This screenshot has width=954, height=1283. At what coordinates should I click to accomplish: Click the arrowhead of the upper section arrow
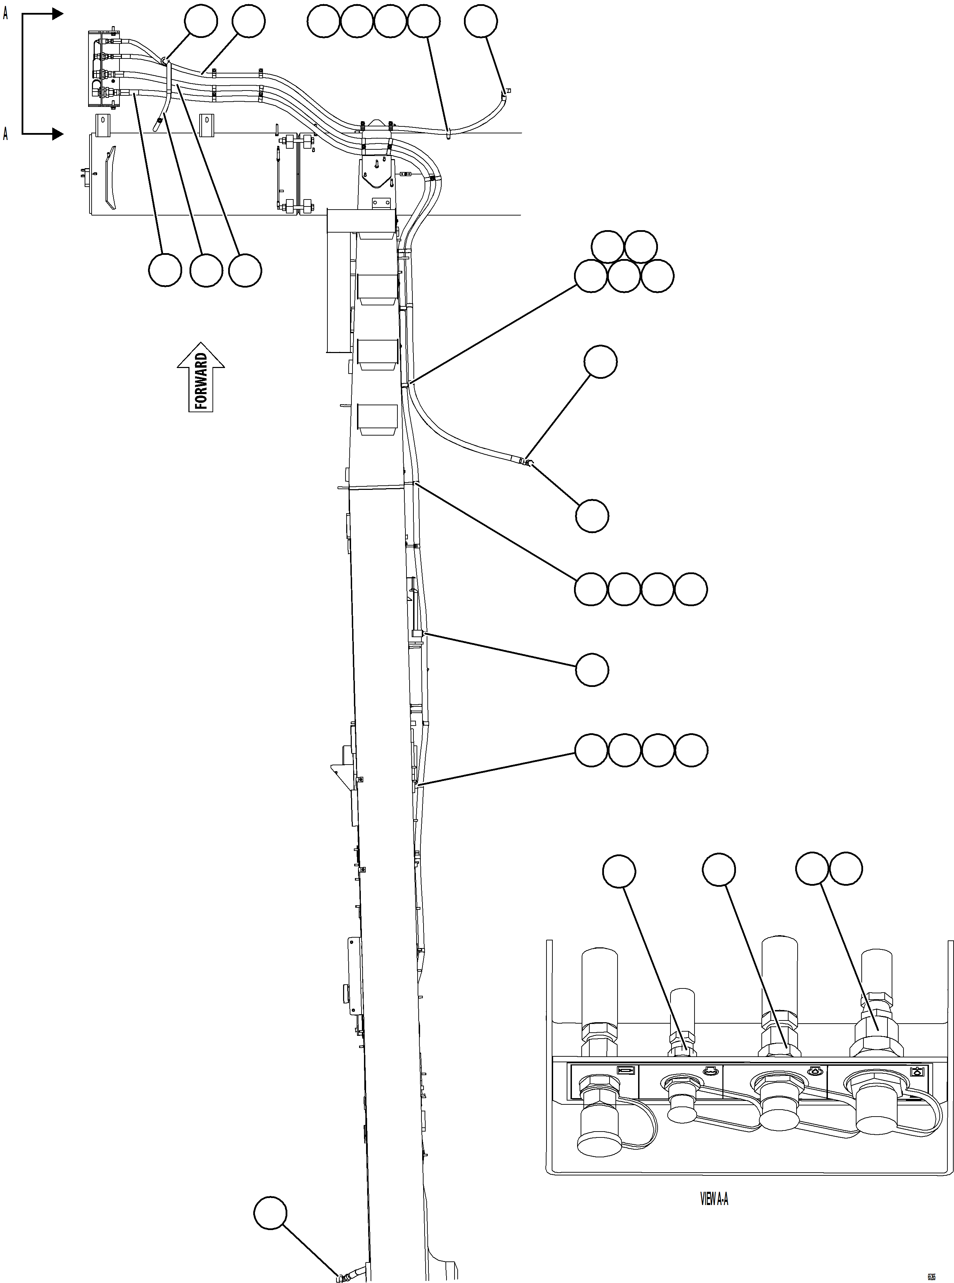(57, 14)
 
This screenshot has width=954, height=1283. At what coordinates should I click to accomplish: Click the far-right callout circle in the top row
(480, 21)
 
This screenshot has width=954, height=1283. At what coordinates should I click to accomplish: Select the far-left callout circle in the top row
(201, 21)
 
